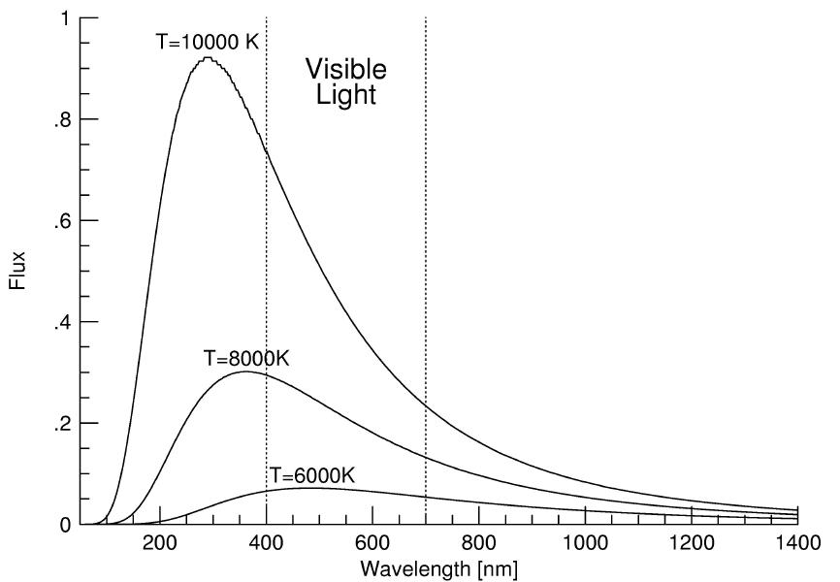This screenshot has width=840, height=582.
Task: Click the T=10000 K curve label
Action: coord(206,43)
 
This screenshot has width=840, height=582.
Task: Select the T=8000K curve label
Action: coord(246,358)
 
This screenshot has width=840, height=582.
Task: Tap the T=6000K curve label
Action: coord(311,475)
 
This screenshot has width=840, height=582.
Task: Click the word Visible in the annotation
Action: coord(346,70)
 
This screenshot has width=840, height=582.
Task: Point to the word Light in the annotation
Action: coord(346,95)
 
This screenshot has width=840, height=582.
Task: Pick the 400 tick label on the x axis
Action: coord(266,543)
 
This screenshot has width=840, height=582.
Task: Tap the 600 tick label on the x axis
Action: coord(372,543)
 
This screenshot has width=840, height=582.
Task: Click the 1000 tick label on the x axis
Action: coord(585,543)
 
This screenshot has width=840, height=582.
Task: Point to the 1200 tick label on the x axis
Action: coord(692,543)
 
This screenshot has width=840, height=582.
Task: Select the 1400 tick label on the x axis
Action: coord(797,543)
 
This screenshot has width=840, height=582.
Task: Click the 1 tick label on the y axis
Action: coord(64,18)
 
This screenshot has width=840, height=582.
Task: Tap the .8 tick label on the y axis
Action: coord(61,119)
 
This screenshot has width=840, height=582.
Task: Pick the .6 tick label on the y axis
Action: coord(61,221)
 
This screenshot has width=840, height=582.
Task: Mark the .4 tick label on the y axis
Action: coord(61,322)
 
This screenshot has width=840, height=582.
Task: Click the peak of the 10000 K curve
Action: coord(207,58)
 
